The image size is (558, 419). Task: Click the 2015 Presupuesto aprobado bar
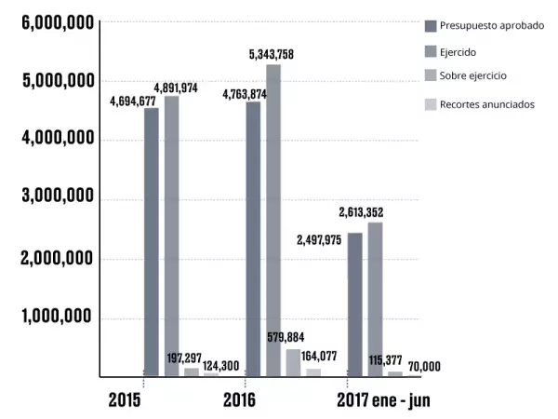[151, 242]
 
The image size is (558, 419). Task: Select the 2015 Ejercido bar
[171, 237]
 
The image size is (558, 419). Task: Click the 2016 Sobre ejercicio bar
[293, 363]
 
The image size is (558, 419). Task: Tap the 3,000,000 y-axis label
[58, 198]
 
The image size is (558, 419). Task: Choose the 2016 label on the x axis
[240, 400]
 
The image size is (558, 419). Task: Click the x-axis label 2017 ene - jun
[383, 400]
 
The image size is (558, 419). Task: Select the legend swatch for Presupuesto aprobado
[430, 25]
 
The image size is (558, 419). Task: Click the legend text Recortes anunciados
[486, 104]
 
